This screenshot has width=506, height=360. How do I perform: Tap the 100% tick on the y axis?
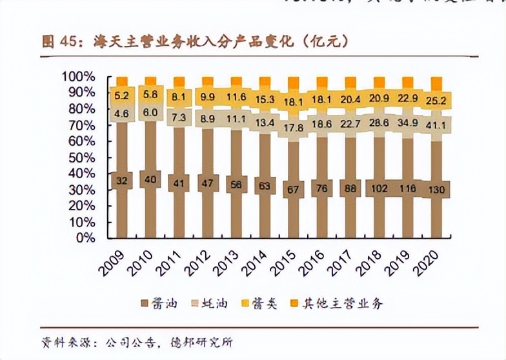point(79,77)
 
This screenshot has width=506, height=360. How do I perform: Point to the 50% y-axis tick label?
point(81,157)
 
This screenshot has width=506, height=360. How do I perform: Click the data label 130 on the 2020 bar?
point(437,189)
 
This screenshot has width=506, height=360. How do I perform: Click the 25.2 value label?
point(437,101)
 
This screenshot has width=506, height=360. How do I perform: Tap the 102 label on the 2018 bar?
point(379,189)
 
